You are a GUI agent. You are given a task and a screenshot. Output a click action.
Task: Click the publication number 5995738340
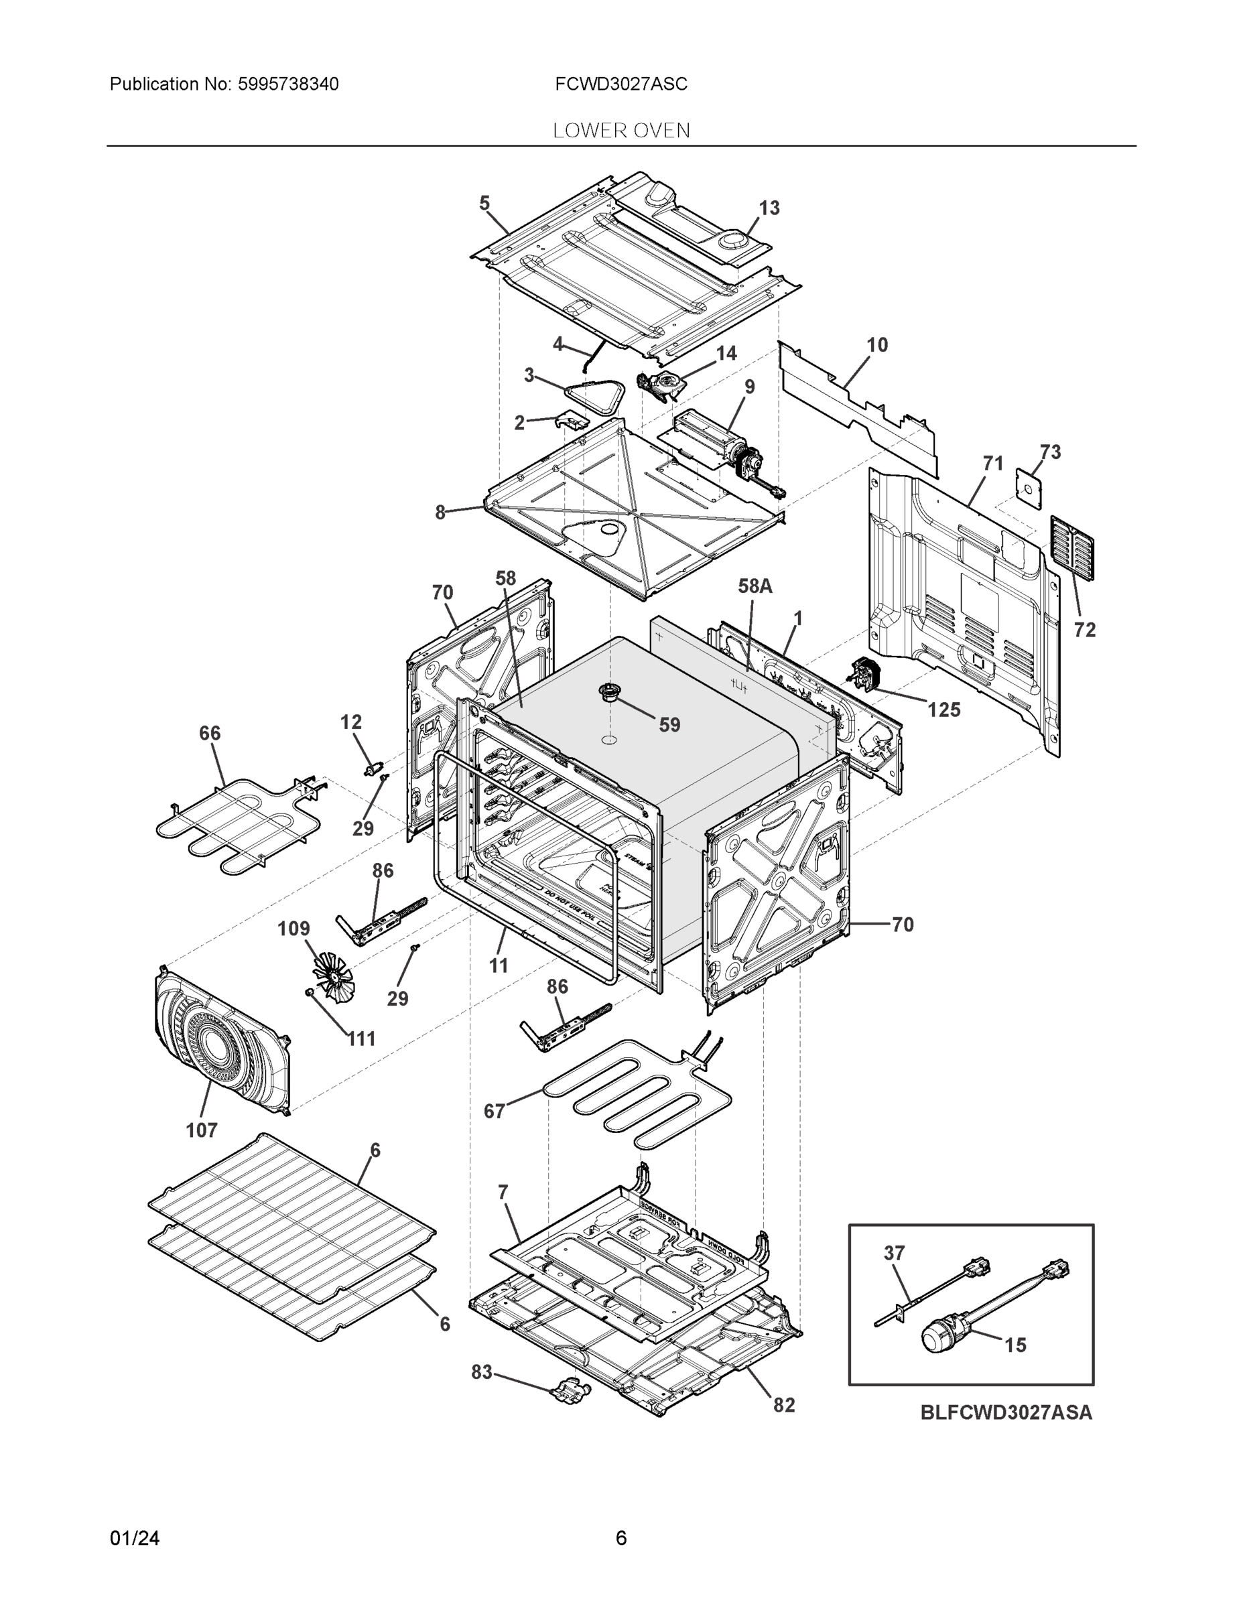tap(288, 84)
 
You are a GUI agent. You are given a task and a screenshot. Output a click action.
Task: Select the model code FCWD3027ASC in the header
tap(620, 84)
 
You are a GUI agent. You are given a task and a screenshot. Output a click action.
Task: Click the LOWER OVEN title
tap(620, 131)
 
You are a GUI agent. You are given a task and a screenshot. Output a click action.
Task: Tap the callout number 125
tap(943, 710)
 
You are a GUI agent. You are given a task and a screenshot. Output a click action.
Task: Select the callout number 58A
tap(755, 586)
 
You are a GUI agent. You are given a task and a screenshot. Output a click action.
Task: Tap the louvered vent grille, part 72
tap(1071, 548)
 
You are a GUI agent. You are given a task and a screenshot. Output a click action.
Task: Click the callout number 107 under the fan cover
tap(202, 1130)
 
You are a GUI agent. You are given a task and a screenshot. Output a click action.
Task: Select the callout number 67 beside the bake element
tap(494, 1111)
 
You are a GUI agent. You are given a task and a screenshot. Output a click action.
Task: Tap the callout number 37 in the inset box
tap(894, 1252)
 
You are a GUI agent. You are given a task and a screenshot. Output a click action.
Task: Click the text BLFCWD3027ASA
tap(1006, 1413)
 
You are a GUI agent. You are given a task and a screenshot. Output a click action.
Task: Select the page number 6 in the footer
tap(620, 1538)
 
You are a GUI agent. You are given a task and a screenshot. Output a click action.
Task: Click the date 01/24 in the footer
tap(135, 1538)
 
